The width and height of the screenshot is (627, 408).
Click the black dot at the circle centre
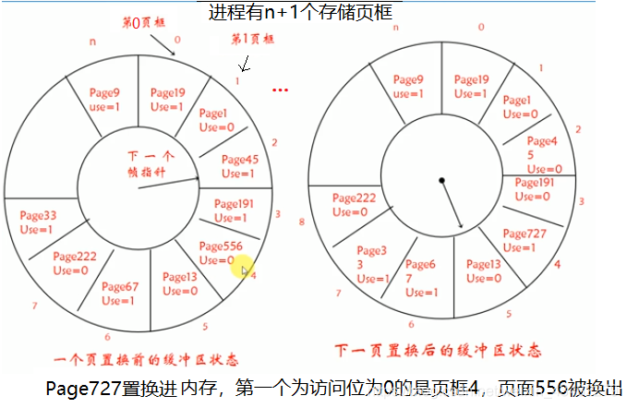tap(441, 179)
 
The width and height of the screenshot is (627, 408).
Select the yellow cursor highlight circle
tap(242, 269)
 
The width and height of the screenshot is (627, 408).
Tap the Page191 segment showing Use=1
tap(235, 210)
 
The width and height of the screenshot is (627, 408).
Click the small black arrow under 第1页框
tap(244, 64)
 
